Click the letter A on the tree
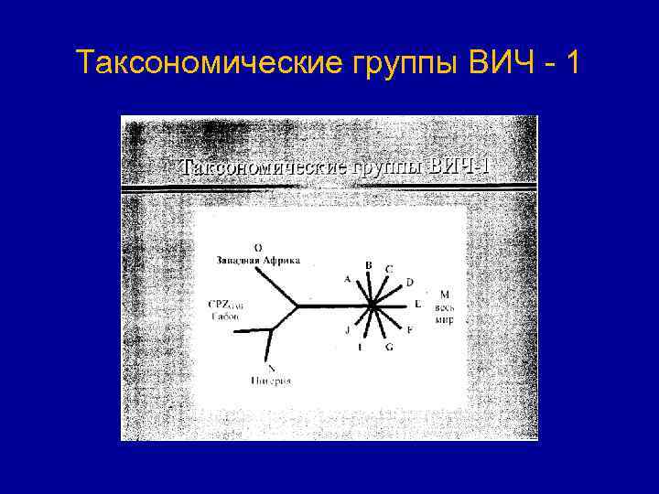coord(347,279)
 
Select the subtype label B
coord(369,265)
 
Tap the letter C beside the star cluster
coord(389,269)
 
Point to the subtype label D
coord(409,282)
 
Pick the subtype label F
coord(409,329)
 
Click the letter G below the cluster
coord(389,348)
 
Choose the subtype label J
coord(347,331)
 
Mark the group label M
coord(444,295)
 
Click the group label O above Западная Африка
coord(257,247)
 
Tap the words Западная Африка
coord(257,260)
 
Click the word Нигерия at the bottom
coord(270,380)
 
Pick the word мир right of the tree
coord(445,320)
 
